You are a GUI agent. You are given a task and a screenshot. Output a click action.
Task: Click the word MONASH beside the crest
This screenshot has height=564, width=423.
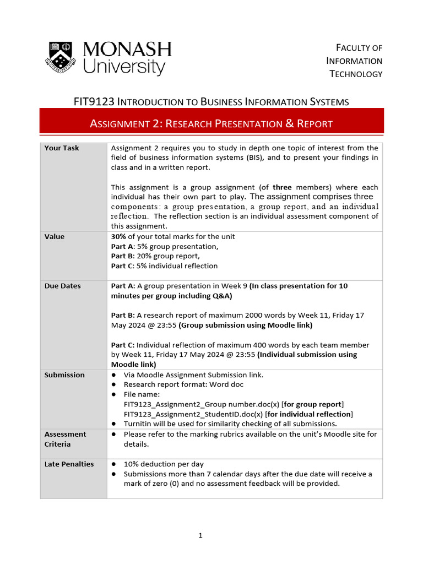pyautogui.click(x=127, y=50)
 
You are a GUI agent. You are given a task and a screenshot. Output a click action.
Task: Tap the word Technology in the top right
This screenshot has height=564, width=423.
pyautogui.click(x=355, y=74)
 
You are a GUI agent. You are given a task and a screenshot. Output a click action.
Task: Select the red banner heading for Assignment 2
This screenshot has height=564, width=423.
pyautogui.click(x=211, y=123)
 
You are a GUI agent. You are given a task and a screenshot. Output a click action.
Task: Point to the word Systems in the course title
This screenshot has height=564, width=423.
pyautogui.click(x=327, y=101)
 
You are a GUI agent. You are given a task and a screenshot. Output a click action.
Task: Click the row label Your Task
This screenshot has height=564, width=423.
pyautogui.click(x=62, y=148)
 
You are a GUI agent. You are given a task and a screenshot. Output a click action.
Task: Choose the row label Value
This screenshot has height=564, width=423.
pyautogui.click(x=54, y=237)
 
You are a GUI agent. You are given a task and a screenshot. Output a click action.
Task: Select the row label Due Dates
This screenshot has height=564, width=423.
pyautogui.click(x=62, y=286)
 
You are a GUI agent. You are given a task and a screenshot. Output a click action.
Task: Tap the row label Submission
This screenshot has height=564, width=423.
pyautogui.click(x=64, y=375)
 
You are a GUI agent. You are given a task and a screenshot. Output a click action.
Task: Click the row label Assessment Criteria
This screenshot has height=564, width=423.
pyautogui.click(x=65, y=439)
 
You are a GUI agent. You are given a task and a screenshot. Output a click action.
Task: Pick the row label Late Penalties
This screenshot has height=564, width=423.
pyautogui.click(x=69, y=464)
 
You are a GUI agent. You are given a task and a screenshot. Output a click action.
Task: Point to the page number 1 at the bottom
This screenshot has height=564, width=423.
pyautogui.click(x=201, y=535)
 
